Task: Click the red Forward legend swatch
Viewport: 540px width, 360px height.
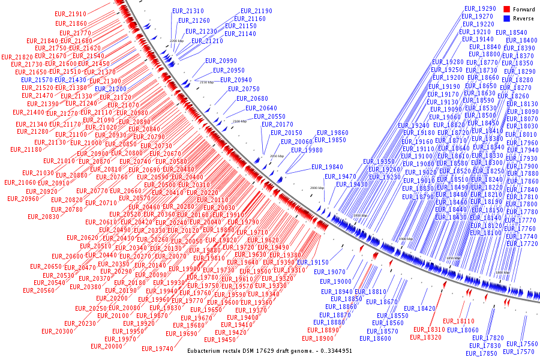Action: point(506,9)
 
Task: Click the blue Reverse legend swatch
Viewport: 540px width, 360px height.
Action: point(506,19)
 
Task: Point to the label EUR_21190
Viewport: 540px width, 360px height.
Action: point(257,11)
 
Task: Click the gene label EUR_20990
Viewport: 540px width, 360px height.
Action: point(221,61)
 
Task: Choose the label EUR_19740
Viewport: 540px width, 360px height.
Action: point(157,349)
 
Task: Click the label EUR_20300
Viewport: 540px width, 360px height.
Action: point(57,331)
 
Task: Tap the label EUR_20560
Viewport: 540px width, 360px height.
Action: point(38,290)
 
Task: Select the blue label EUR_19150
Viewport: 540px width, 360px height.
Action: point(313,263)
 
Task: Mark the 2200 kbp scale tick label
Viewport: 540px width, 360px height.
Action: point(177,41)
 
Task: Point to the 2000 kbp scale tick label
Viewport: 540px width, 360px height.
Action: point(317,188)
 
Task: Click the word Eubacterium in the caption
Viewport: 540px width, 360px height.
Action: point(208,350)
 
